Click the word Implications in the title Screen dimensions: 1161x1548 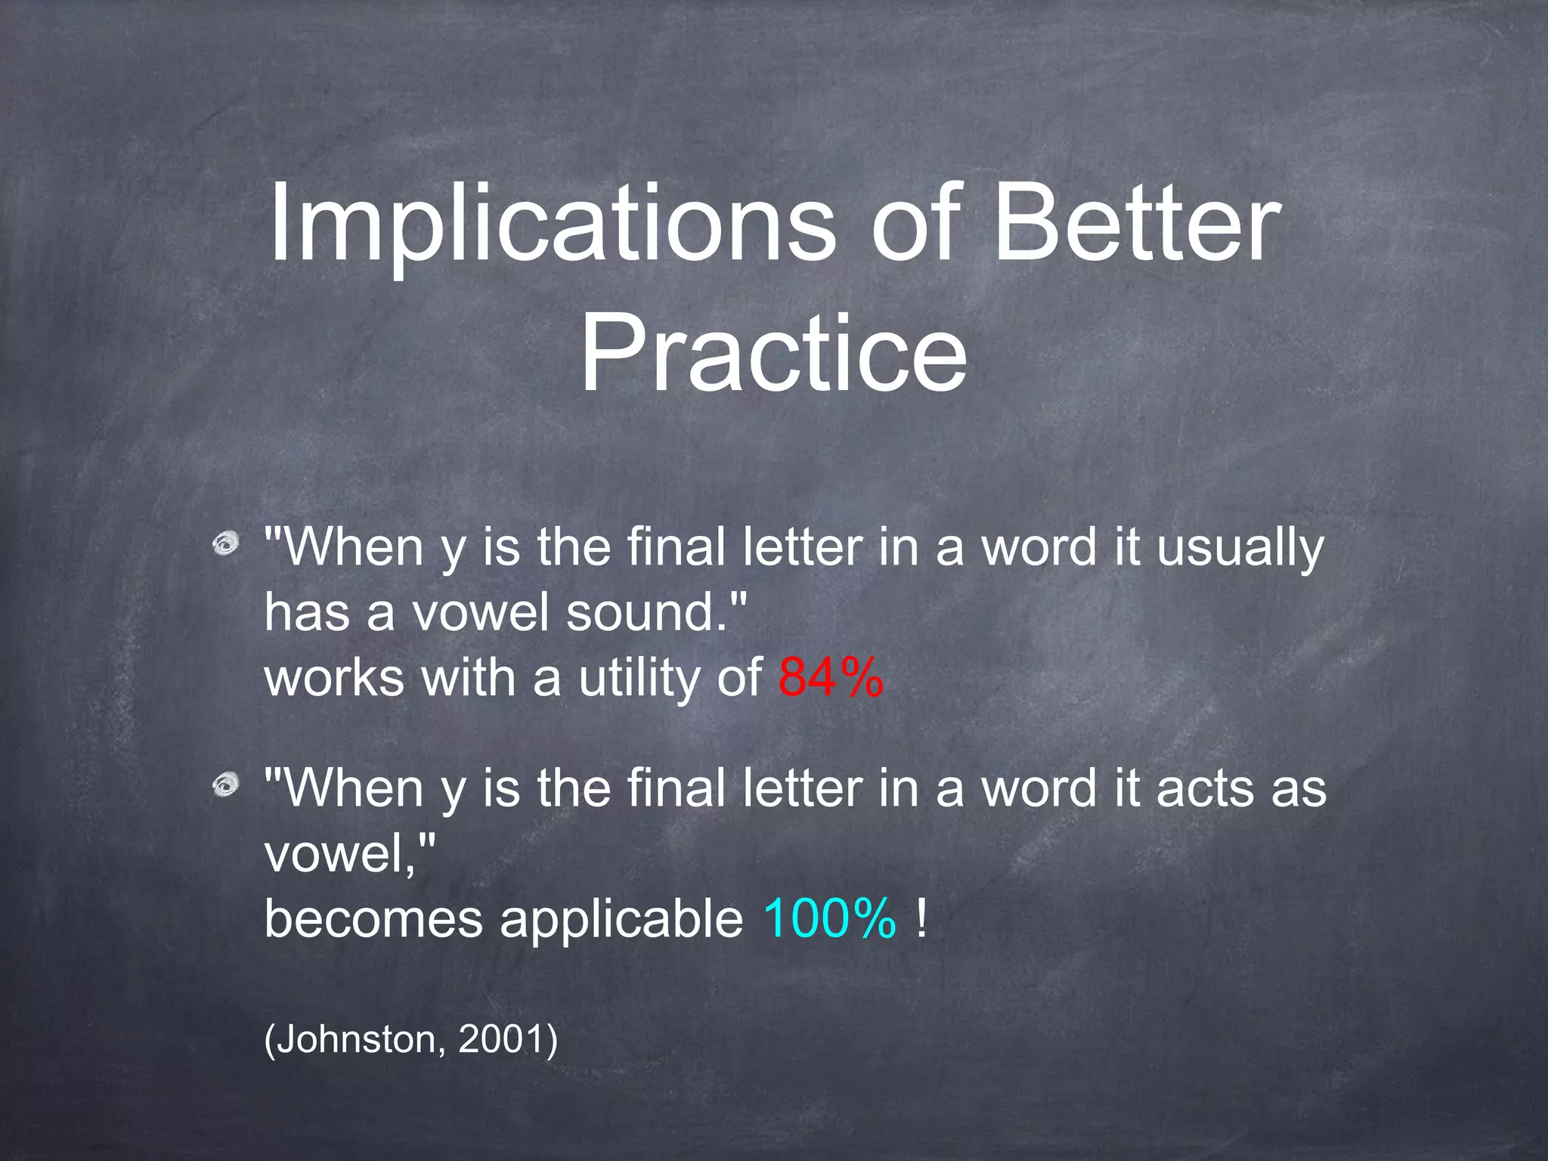click(x=552, y=225)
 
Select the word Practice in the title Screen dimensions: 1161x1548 click(x=772, y=354)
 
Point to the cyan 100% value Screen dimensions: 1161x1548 click(x=829, y=918)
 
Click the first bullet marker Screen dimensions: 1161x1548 click(x=225, y=543)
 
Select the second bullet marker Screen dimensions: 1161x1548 click(x=225, y=785)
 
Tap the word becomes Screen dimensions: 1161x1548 click(x=373, y=919)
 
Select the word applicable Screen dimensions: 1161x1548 click(x=621, y=919)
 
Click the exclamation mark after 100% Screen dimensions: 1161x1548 click(x=921, y=918)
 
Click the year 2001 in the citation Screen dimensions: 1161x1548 click(x=502, y=1039)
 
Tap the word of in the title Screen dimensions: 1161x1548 click(x=916, y=225)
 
